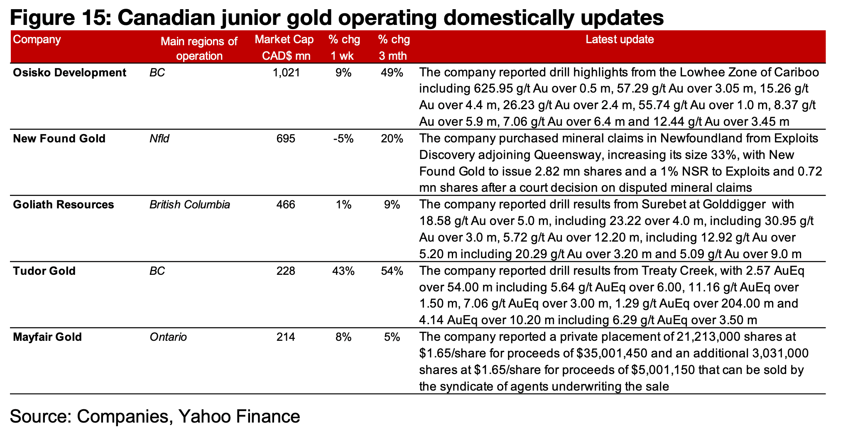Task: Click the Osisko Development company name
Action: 69,73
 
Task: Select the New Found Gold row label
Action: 59,139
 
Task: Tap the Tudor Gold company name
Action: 44,271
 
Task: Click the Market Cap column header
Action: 285,47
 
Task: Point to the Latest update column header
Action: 620,40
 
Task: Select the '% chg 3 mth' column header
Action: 393,47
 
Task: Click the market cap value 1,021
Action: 286,73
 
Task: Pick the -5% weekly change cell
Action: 343,139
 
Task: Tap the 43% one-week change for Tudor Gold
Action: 343,271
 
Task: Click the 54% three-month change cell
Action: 392,271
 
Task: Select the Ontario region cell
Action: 168,337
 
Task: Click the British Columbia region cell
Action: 189,205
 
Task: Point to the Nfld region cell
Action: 159,139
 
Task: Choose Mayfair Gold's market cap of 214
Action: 286,337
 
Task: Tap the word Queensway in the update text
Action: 564,155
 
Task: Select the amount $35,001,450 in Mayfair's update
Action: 614,354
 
